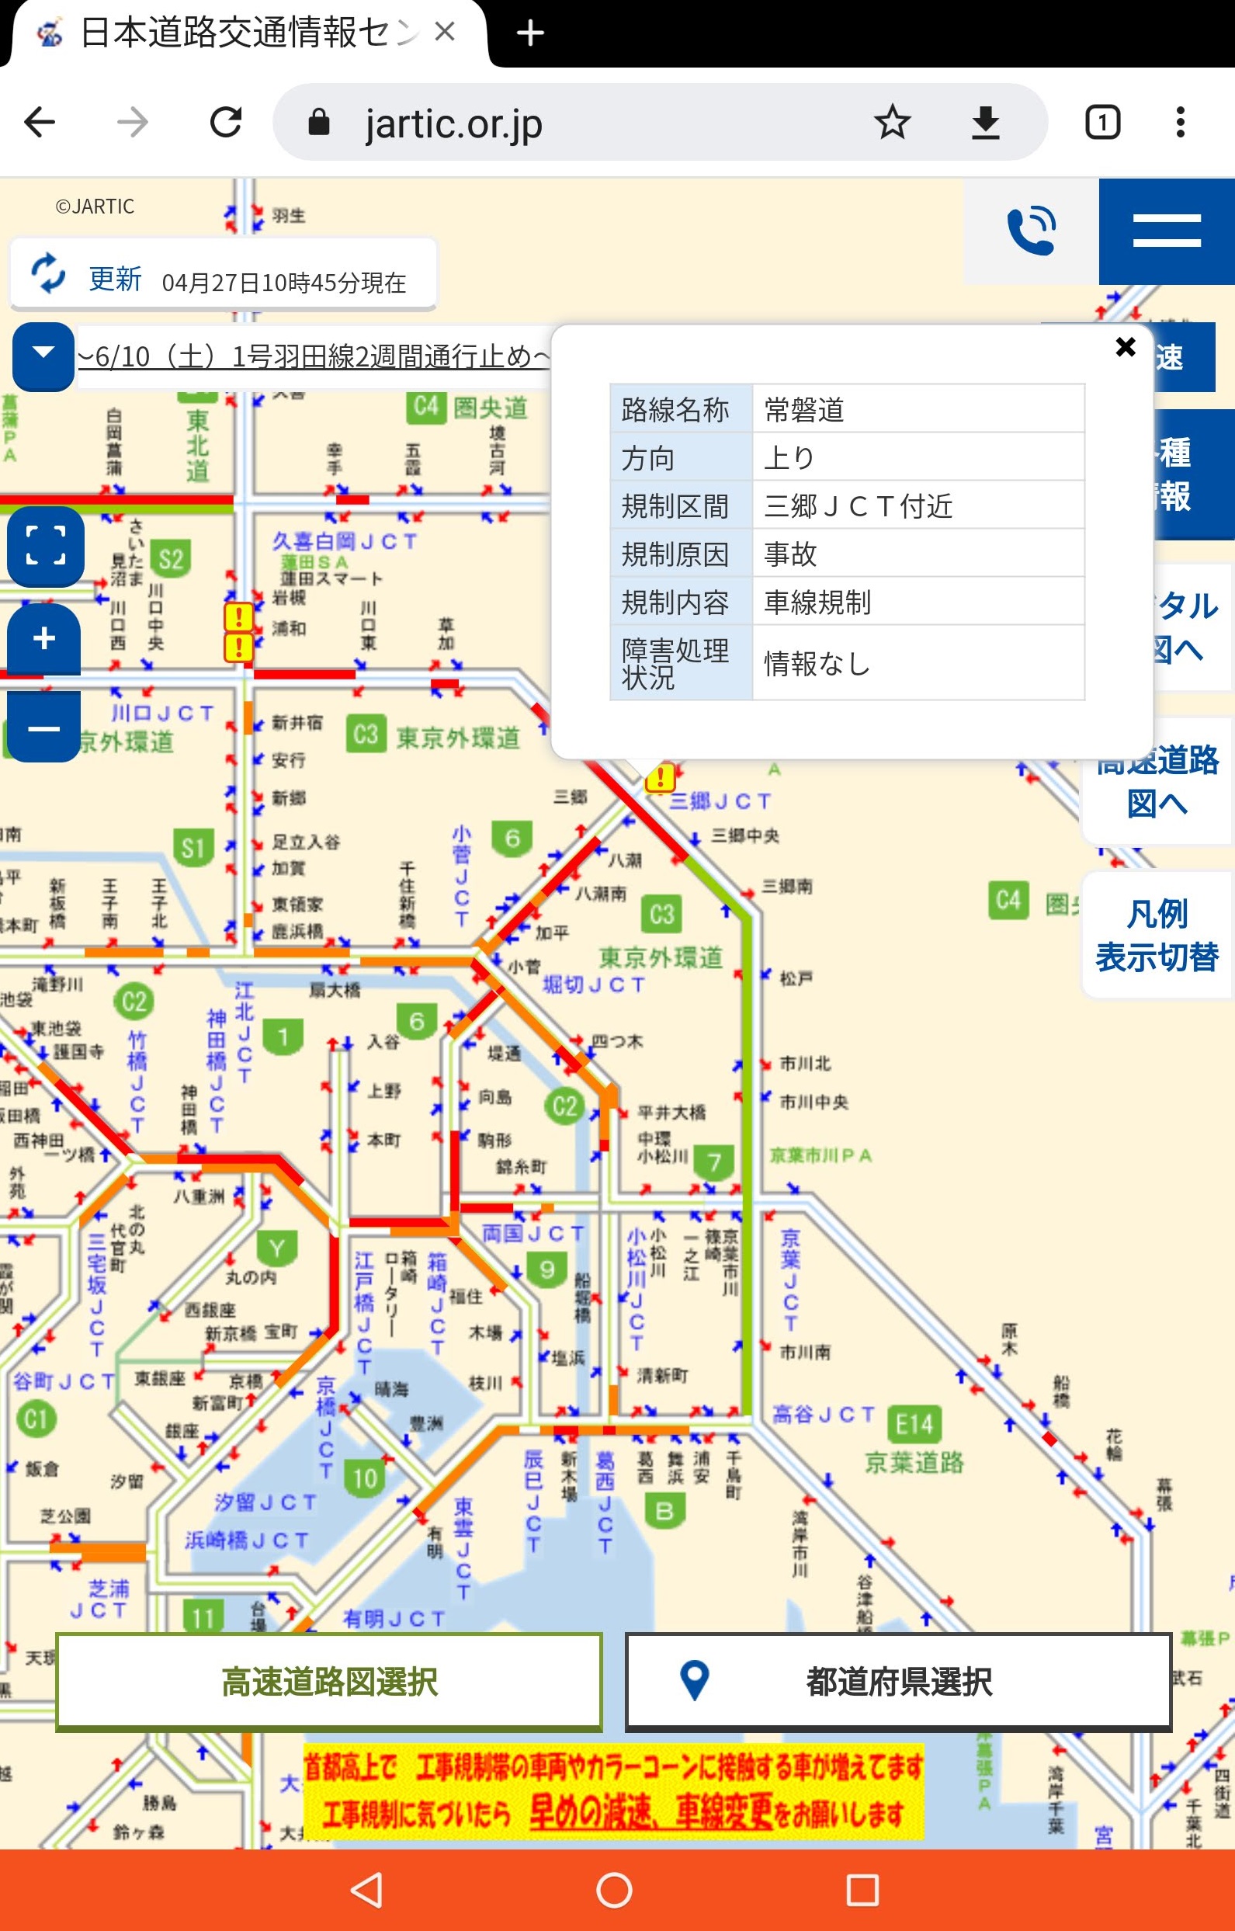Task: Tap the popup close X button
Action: click(1125, 346)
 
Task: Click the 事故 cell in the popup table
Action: click(918, 554)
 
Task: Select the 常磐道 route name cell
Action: click(918, 409)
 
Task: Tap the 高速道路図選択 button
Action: click(329, 1681)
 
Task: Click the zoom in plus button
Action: click(44, 638)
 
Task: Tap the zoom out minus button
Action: click(44, 728)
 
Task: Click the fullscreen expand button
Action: click(46, 545)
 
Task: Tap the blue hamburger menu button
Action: click(1166, 231)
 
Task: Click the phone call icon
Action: click(1032, 231)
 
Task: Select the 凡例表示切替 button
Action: click(1157, 935)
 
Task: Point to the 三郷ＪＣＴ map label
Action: click(720, 801)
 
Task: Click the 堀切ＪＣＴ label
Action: click(594, 984)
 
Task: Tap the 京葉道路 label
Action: click(914, 1462)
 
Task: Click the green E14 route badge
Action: click(914, 1425)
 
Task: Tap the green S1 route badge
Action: click(193, 847)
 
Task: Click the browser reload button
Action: click(226, 123)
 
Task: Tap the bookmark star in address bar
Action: click(892, 123)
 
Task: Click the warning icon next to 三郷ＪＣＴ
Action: click(660, 777)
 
